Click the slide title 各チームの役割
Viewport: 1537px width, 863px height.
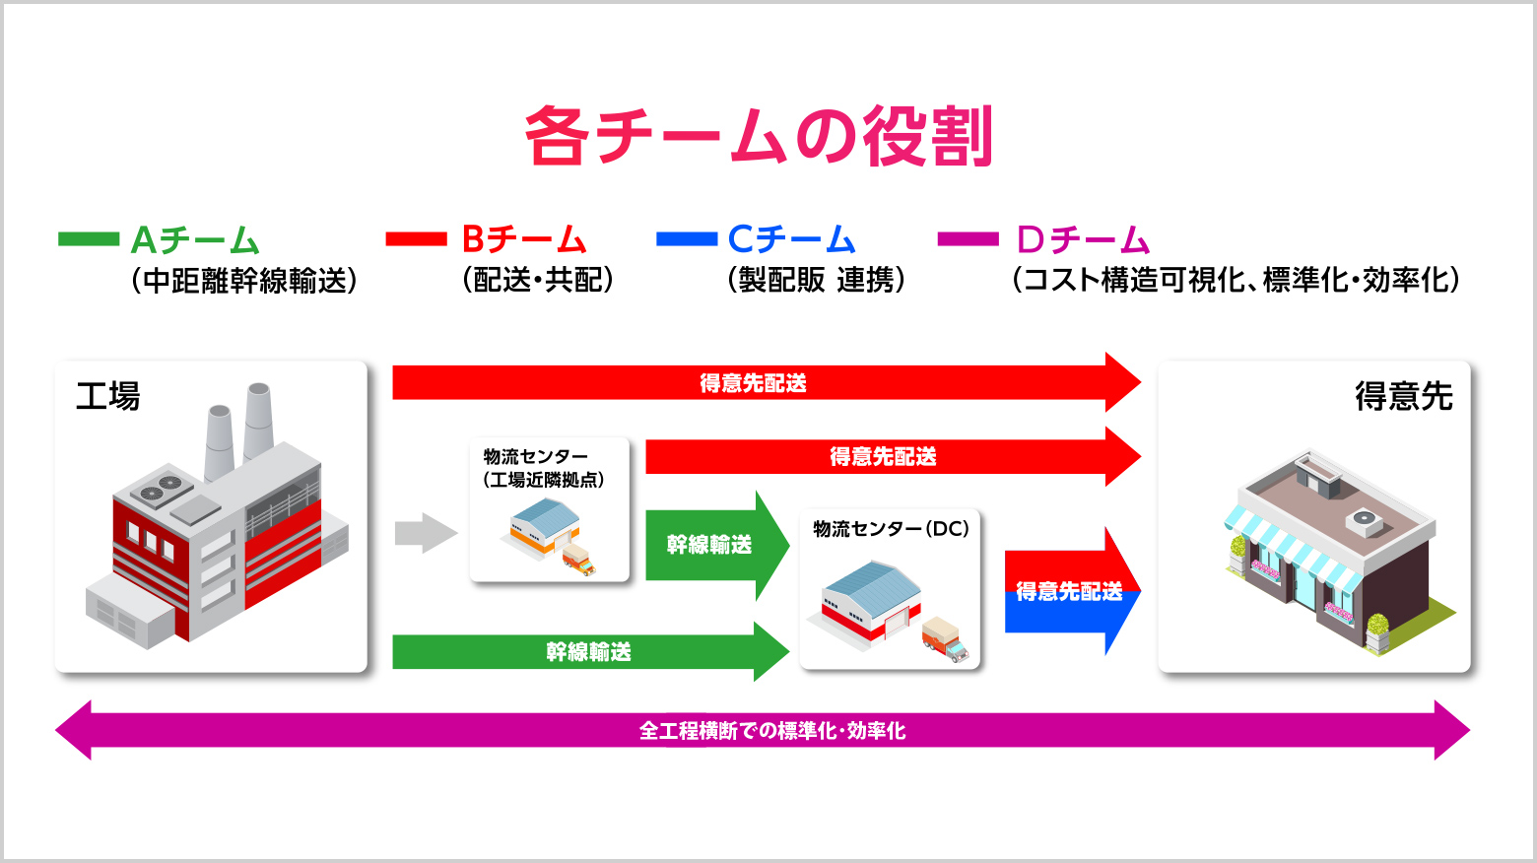[758, 136]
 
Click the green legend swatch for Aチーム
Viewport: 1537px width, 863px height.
[89, 238]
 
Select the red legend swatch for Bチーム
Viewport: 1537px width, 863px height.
[416, 238]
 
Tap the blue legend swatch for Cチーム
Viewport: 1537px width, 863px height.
[687, 238]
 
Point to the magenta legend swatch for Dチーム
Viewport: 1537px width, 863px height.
[968, 238]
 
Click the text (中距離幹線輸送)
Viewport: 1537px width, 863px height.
[243, 281]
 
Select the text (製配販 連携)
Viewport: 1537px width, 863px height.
[816, 281]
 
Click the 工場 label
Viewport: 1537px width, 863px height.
[108, 397]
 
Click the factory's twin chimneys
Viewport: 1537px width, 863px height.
[239, 424]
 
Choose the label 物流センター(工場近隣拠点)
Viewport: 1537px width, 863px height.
[544, 468]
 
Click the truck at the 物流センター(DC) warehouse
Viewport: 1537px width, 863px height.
[945, 639]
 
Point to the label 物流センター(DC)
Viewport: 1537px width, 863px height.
[891, 529]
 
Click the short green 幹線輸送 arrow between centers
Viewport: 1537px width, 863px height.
[714, 545]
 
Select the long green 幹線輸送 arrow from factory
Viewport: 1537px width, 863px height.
[589, 651]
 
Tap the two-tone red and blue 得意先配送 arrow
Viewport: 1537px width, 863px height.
[1071, 591]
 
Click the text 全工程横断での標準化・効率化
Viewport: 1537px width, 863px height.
[772, 731]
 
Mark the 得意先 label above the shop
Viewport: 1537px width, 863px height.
[1404, 397]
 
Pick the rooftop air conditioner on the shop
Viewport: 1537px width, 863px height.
[1365, 519]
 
